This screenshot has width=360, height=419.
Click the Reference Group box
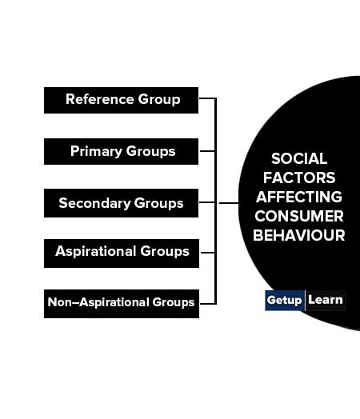[x=121, y=100]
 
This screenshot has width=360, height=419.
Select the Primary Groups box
[x=121, y=151]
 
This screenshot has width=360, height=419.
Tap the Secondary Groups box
[x=121, y=203]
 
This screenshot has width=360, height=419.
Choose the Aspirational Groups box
[x=122, y=253]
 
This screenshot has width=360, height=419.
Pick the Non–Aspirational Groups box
[x=122, y=304]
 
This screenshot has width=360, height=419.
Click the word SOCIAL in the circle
[x=299, y=159]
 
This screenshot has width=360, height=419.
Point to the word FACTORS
[x=299, y=178]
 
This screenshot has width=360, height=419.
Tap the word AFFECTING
[x=299, y=197]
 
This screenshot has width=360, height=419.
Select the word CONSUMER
[x=299, y=216]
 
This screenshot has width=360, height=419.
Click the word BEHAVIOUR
[x=299, y=235]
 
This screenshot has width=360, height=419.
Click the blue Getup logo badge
[x=285, y=301]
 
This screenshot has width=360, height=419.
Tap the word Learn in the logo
[x=326, y=300]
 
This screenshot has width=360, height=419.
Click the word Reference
[x=100, y=99]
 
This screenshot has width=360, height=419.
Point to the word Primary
[x=96, y=151]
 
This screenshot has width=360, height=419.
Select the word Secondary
[x=94, y=203]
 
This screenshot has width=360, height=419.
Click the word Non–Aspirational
[x=98, y=302]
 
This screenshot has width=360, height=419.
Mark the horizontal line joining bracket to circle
[x=229, y=203]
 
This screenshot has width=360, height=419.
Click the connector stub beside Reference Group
[x=207, y=98]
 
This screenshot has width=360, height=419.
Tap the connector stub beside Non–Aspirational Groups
[x=208, y=304]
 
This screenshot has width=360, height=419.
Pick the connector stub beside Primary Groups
[x=207, y=151]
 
